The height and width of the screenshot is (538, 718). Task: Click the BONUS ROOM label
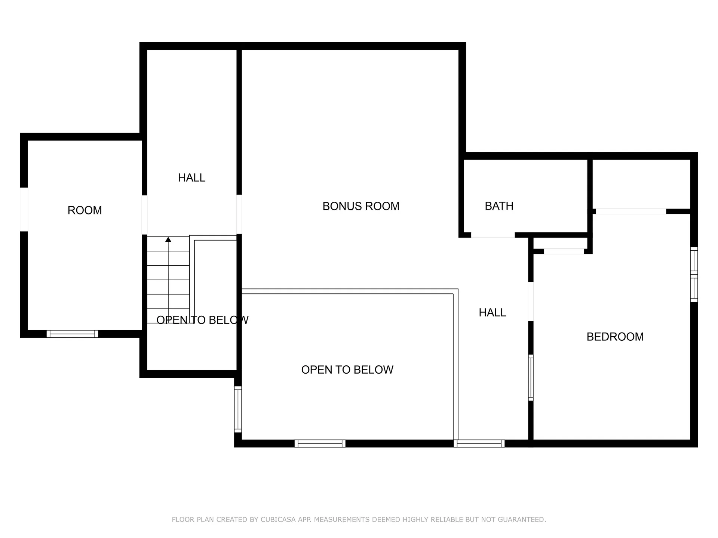[361, 206]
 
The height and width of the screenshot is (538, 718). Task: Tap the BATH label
[499, 206]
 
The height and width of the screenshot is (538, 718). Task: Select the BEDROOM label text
[615, 337]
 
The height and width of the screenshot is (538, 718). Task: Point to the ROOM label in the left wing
[85, 210]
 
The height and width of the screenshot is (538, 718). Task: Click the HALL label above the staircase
[191, 178]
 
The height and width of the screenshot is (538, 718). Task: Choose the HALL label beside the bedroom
[493, 313]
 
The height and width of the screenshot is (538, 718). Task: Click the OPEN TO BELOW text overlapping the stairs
[202, 320]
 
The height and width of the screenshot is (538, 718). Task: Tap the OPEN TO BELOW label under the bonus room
[347, 370]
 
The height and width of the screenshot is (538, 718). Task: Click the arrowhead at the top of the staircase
[168, 239]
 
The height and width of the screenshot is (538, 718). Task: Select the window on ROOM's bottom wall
[73, 334]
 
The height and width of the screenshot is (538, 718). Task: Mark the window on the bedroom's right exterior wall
[694, 274]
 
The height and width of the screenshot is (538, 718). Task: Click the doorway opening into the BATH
[493, 235]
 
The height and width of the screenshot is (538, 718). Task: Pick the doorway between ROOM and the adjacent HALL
[144, 215]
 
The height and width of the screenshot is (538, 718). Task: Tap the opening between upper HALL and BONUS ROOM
[239, 214]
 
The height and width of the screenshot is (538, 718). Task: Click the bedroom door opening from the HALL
[531, 302]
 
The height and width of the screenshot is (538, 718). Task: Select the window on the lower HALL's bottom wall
[479, 443]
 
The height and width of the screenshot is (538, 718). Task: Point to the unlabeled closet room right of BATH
[641, 184]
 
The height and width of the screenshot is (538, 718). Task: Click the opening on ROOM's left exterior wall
[24, 209]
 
